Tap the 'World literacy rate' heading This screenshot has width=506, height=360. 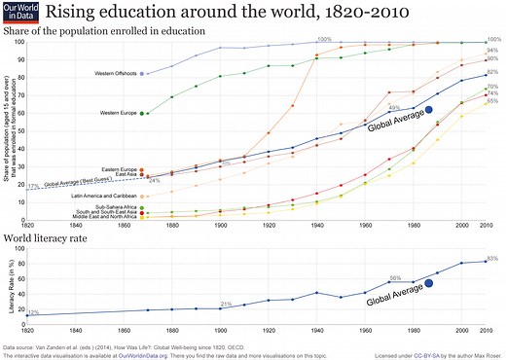click(51, 237)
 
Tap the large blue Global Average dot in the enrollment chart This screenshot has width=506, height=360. click(402, 111)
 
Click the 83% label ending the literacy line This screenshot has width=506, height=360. click(492, 259)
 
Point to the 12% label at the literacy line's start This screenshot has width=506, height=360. click(33, 312)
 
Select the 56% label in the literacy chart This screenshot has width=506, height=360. click(394, 278)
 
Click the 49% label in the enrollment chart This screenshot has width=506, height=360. click(393, 107)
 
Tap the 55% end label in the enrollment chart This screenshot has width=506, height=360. click(492, 101)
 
